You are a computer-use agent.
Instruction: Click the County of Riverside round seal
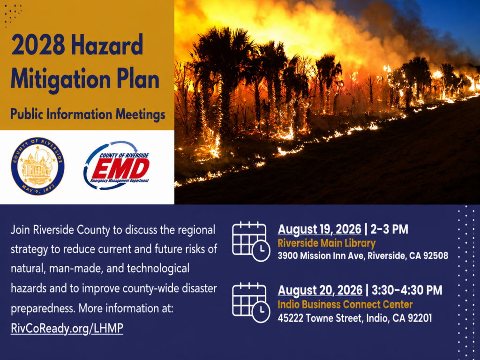pyautogui.click(x=37, y=166)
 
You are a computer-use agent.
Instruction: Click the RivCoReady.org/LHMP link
pyautogui.click(x=67, y=328)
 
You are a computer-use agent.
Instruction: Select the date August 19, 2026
pyautogui.click(x=320, y=229)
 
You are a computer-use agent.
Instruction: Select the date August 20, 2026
pyautogui.click(x=320, y=290)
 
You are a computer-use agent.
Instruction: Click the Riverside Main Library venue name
pyautogui.click(x=327, y=243)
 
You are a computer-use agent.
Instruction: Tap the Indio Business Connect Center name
pyautogui.click(x=345, y=304)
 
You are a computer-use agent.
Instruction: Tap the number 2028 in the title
pyautogui.click(x=38, y=45)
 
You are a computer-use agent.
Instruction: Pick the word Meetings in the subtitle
pyautogui.click(x=141, y=114)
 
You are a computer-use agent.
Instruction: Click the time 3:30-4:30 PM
pyautogui.click(x=407, y=290)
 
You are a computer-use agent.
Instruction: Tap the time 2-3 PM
pyautogui.click(x=390, y=229)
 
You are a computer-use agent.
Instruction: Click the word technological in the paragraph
pyautogui.click(x=158, y=268)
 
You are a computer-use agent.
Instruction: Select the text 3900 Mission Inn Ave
pyautogui.click(x=321, y=255)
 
